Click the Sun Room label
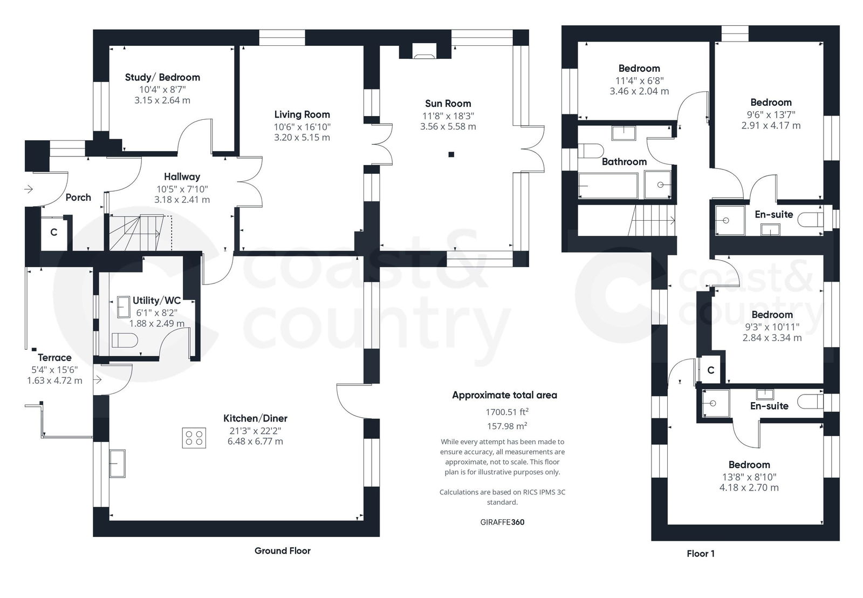coord(448,104)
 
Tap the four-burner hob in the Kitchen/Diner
coord(194,438)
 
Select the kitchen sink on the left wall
coord(118,463)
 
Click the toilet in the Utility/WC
coord(124,341)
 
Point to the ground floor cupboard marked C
coord(53,233)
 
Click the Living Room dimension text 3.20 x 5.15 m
coord(302,138)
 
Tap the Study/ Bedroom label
coord(162,78)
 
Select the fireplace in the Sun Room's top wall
coord(424,52)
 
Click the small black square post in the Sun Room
coord(451,155)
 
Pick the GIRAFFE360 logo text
coord(502,522)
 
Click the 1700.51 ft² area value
coord(506,412)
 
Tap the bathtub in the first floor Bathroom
coord(607,186)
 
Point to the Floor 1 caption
coord(700,554)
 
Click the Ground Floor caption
coord(282,551)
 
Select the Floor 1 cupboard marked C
coord(710,370)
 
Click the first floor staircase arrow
coord(673,220)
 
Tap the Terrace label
coord(54,358)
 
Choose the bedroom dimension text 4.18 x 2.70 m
coord(749,488)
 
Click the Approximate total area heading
coord(504,396)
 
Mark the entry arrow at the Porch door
coord(29,189)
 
